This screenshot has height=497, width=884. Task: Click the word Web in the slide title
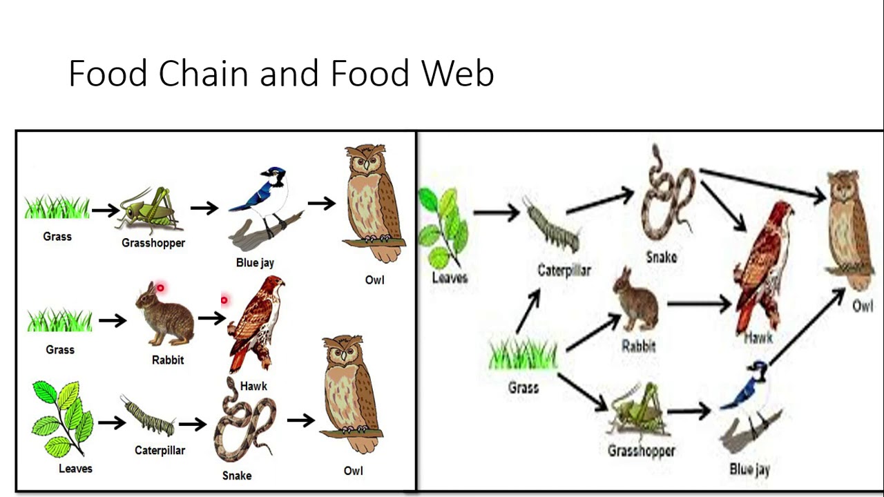pyautogui.click(x=459, y=73)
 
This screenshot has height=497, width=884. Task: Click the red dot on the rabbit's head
pyautogui.click(x=160, y=289)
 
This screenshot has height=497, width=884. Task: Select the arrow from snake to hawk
pyautogui.click(x=723, y=205)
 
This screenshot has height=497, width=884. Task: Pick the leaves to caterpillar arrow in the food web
pyautogui.click(x=495, y=212)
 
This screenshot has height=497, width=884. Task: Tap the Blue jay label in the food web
pyautogui.click(x=749, y=470)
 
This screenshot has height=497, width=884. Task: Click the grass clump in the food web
pyautogui.click(x=523, y=355)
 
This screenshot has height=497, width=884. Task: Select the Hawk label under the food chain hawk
pyautogui.click(x=253, y=386)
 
